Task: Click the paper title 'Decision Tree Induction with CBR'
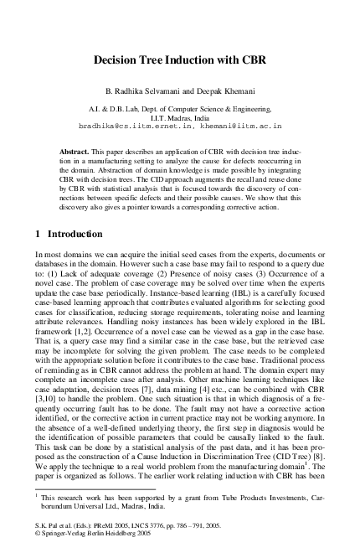tap(180, 61)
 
